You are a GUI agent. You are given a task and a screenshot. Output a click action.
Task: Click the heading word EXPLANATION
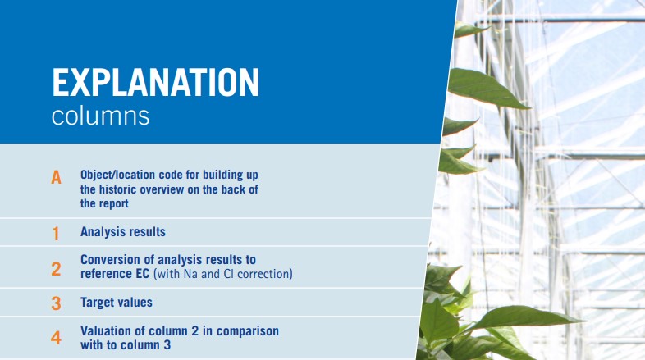[155, 84]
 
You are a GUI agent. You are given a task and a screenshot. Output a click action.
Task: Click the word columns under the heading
[100, 116]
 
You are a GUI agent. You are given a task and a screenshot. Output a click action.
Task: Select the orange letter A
[56, 177]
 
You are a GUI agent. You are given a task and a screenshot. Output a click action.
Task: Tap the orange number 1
[56, 233]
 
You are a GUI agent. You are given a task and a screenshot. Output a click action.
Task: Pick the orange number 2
[56, 268]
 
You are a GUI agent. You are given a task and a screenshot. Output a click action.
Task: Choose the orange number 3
[56, 303]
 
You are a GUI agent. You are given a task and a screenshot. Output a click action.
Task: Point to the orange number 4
[56, 338]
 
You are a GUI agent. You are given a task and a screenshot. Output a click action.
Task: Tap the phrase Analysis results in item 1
[123, 232]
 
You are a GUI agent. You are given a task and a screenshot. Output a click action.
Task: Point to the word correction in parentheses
[262, 273]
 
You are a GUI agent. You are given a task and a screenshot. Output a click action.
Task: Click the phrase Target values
[117, 303]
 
